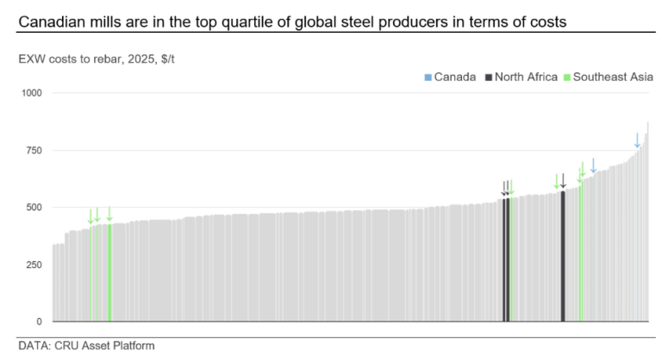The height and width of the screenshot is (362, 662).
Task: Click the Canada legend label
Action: (454, 77)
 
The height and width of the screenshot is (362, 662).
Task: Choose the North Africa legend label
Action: (527, 77)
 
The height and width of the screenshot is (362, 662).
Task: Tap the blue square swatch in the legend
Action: (428, 77)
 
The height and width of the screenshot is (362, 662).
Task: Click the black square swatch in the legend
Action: (489, 77)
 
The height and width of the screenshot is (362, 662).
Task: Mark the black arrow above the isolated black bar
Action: (563, 181)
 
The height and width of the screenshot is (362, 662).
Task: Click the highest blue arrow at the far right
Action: (637, 140)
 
